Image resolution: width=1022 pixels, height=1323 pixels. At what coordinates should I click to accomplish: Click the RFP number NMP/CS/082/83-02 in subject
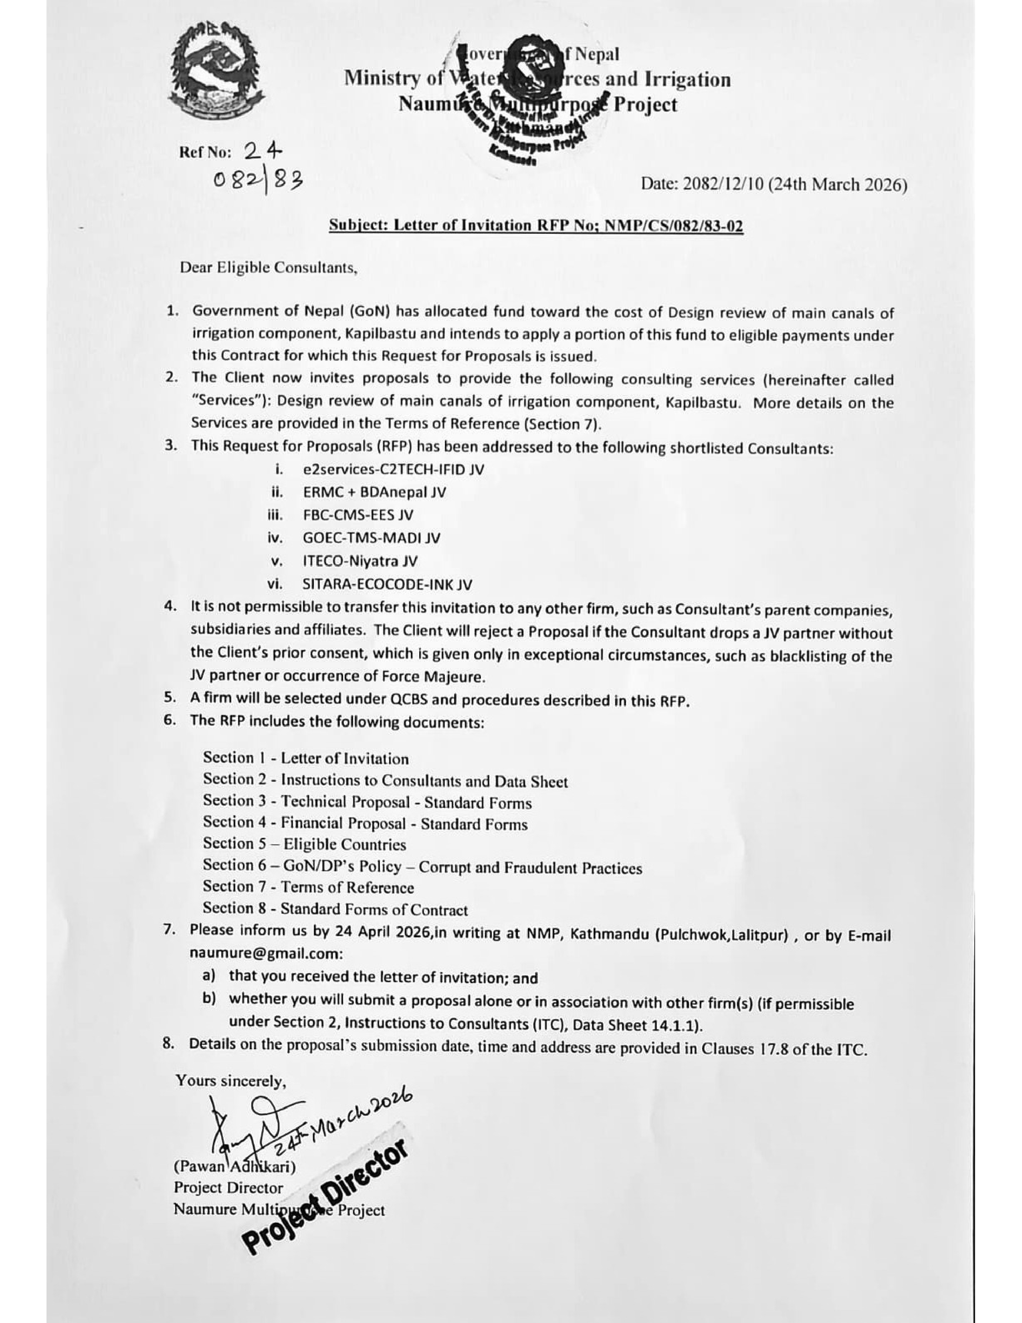tap(670, 226)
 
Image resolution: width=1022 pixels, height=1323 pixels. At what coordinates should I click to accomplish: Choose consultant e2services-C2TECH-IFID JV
tap(394, 469)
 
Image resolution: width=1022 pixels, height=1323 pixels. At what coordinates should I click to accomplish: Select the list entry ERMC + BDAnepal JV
tap(375, 492)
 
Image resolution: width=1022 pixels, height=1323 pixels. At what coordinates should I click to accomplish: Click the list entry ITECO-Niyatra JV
tap(360, 561)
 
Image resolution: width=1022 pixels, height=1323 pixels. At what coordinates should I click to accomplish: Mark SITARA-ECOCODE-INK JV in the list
tap(388, 585)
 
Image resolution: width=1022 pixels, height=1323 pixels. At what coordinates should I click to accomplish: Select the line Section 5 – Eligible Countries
tap(305, 844)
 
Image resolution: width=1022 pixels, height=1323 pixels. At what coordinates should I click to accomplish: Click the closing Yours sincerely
tap(231, 1080)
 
